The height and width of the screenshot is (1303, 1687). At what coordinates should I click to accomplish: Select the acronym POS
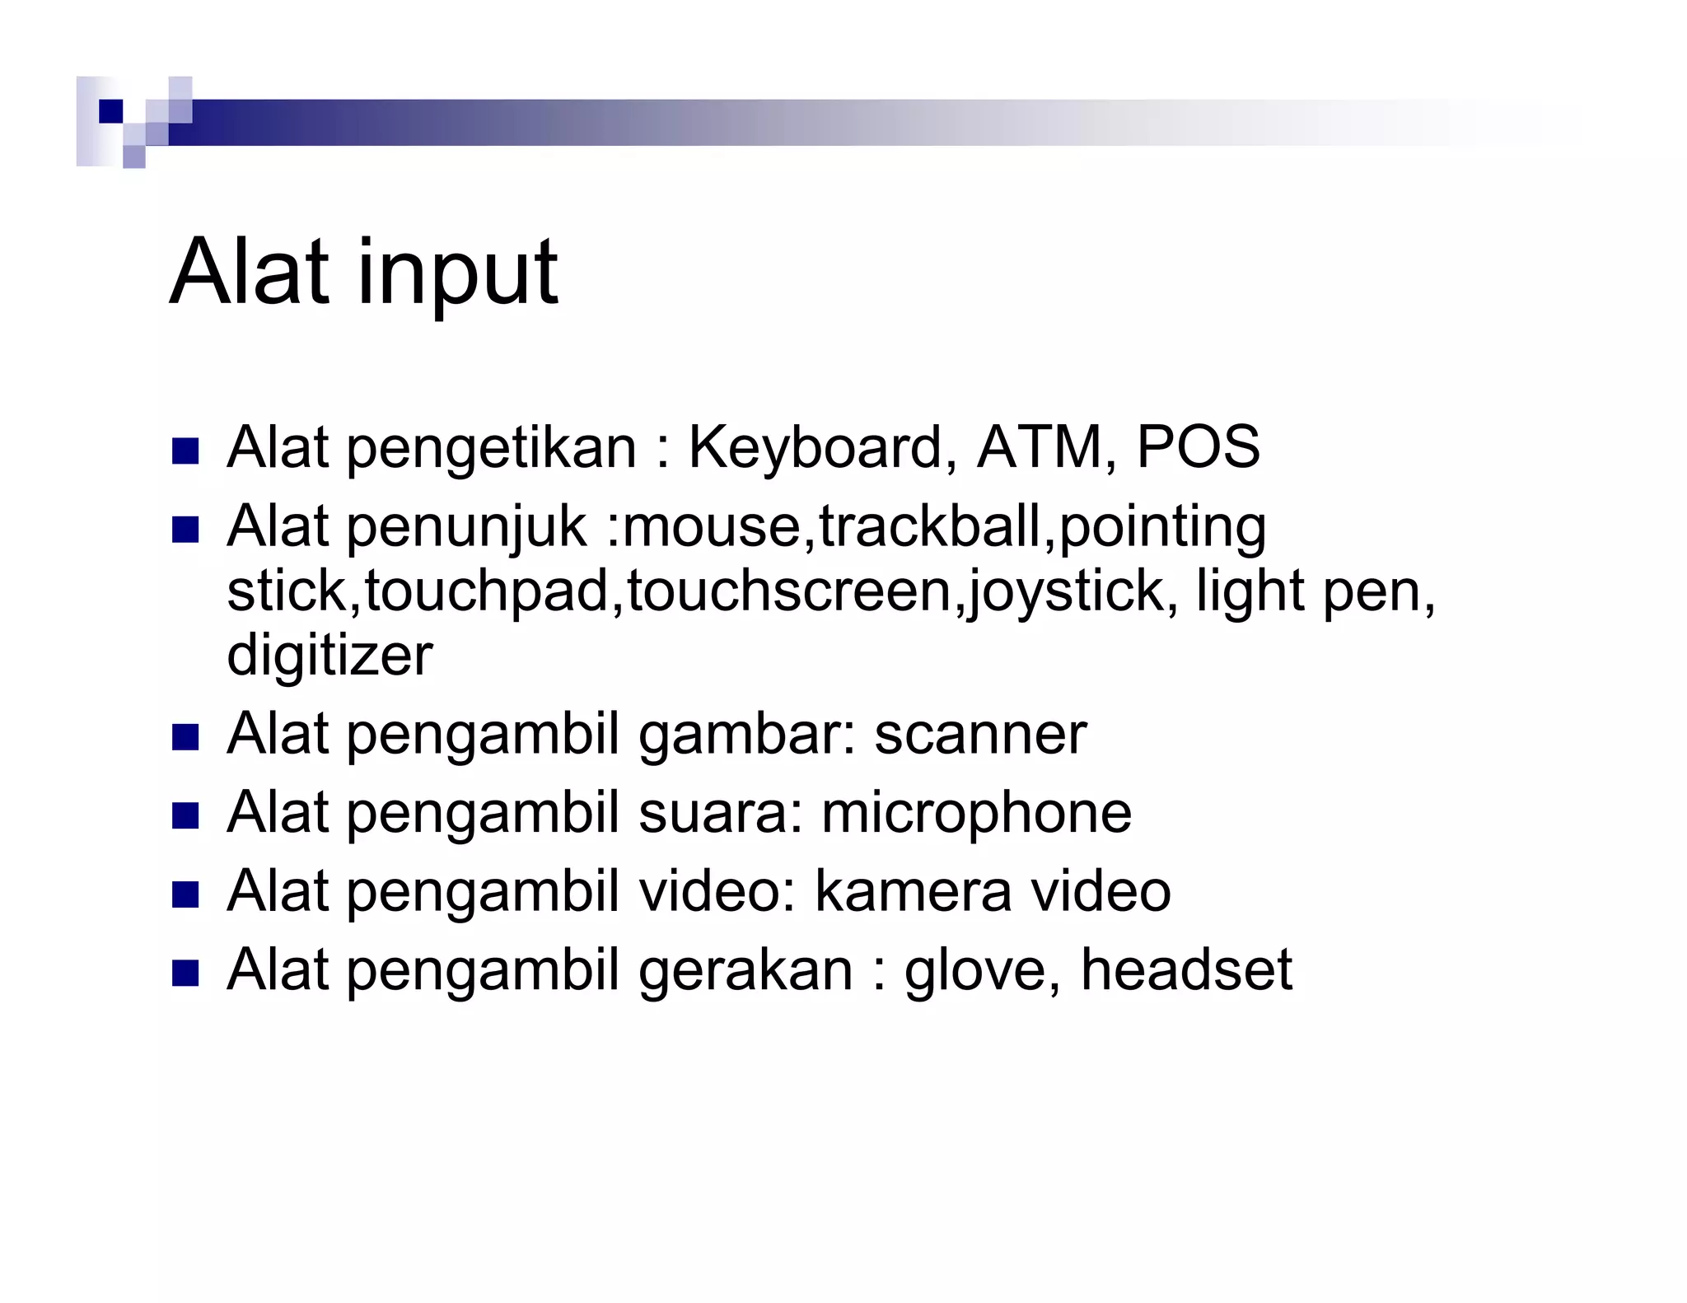[1198, 447]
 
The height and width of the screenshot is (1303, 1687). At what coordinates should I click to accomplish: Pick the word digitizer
[329, 656]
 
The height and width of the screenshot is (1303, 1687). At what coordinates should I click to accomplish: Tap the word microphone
[976, 814]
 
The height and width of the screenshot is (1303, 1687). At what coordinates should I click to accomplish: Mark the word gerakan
[745, 971]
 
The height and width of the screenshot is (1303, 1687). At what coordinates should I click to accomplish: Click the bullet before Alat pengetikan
[185, 451]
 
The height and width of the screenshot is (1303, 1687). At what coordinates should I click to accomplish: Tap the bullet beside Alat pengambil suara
[185, 816]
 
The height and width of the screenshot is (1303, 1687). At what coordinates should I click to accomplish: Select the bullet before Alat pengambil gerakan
[185, 974]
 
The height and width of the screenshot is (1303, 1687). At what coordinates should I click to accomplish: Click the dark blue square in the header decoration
[110, 110]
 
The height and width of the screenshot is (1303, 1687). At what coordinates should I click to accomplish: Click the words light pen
[1315, 591]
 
